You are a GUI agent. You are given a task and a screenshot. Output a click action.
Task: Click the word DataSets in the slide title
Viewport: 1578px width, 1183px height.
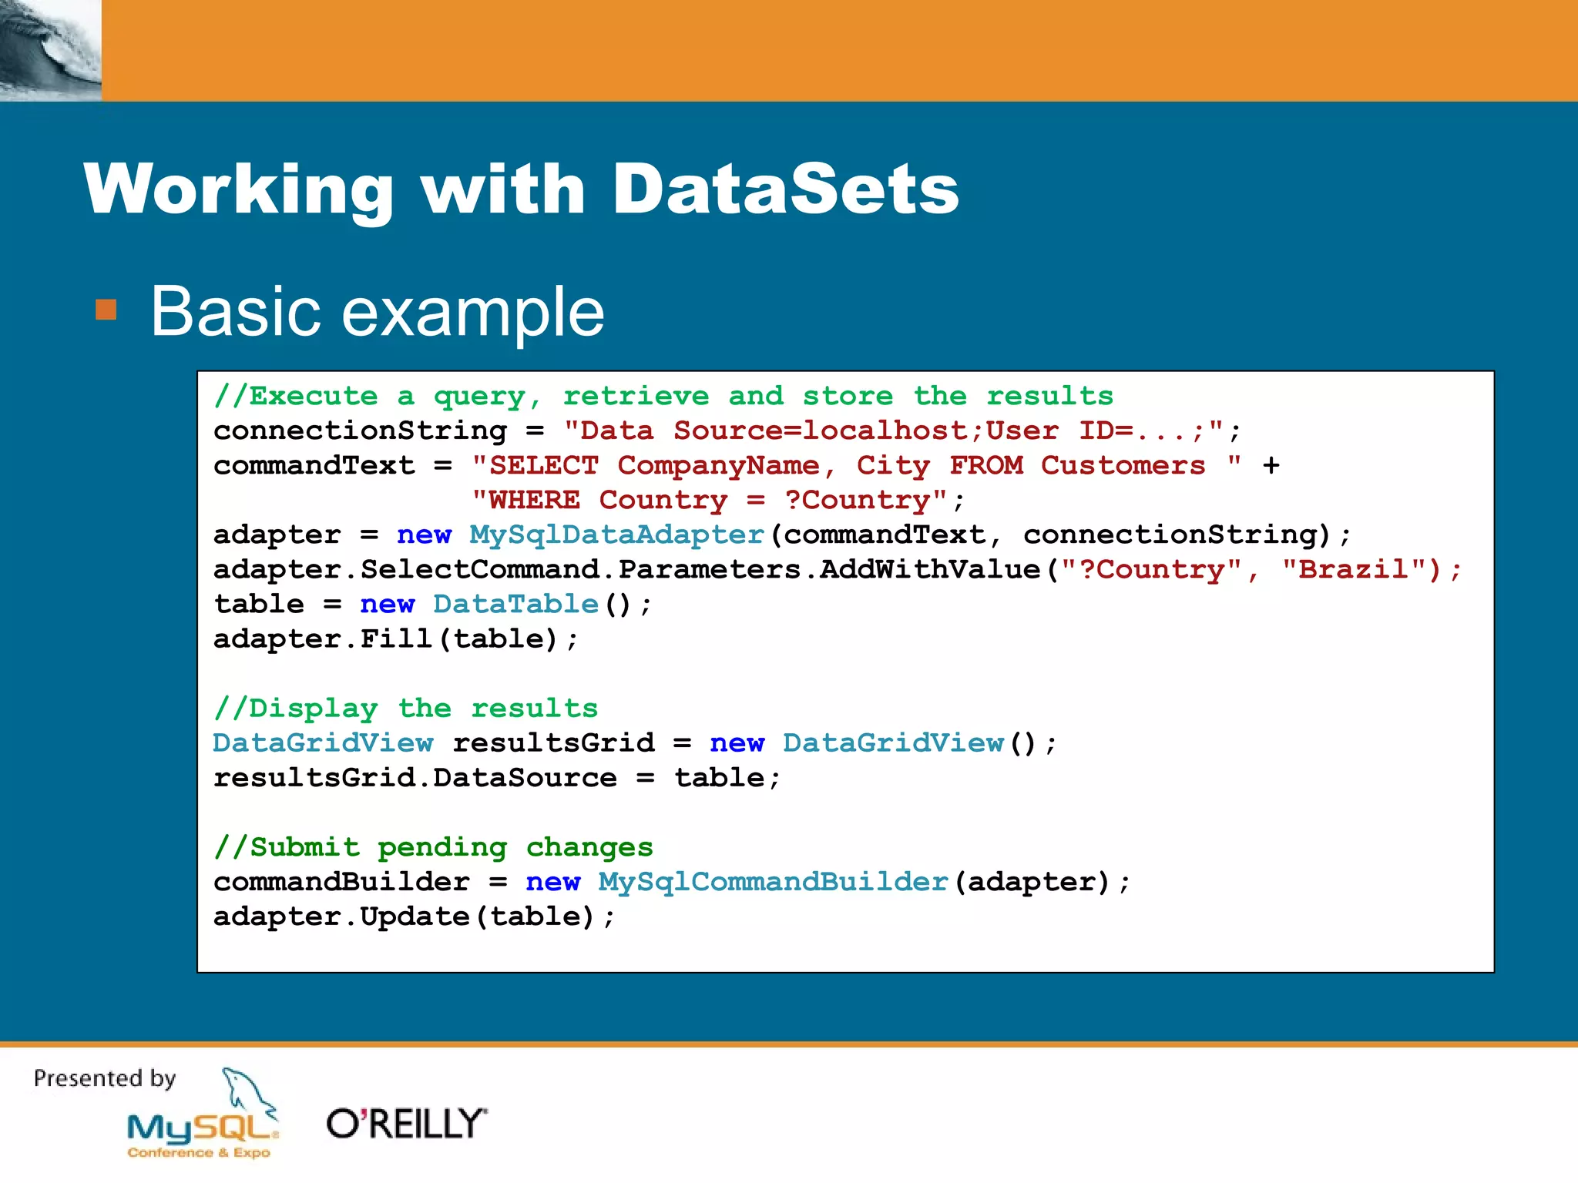pyautogui.click(x=785, y=189)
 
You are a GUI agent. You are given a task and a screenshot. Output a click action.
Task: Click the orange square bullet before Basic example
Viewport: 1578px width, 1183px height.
pyautogui.click(x=106, y=310)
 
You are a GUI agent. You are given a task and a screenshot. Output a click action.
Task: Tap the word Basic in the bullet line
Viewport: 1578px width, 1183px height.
pyautogui.click(x=234, y=311)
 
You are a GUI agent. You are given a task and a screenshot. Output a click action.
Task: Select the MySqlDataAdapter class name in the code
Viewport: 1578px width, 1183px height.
pyautogui.click(x=616, y=535)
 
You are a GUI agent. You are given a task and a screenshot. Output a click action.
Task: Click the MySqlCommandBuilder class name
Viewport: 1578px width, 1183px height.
pyautogui.click(x=773, y=882)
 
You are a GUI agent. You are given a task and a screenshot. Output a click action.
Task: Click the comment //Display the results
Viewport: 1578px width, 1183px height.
pyautogui.click(x=406, y=709)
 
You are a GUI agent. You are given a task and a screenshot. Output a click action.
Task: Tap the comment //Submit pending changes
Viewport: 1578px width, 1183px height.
pyautogui.click(x=433, y=847)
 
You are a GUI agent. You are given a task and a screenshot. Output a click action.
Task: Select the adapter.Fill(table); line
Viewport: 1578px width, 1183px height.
pyautogui.click(x=395, y=639)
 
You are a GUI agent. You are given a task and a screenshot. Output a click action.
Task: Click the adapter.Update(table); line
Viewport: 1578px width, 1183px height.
pyautogui.click(x=414, y=917)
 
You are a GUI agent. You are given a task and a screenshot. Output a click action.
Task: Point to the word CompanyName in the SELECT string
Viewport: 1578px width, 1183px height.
pyautogui.click(x=718, y=465)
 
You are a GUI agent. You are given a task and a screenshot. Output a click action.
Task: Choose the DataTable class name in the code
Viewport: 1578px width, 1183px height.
pyautogui.click(x=515, y=604)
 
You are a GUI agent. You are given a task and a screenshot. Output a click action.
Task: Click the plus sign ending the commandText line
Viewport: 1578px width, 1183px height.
pyautogui.click(x=1271, y=464)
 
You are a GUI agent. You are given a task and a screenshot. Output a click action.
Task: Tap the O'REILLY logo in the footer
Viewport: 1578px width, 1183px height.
pyautogui.click(x=407, y=1124)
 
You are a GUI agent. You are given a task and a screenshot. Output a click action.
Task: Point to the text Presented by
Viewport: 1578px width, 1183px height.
pyautogui.click(x=105, y=1078)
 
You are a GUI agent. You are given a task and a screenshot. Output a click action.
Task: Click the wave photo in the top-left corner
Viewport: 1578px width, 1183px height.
pyautogui.click(x=50, y=50)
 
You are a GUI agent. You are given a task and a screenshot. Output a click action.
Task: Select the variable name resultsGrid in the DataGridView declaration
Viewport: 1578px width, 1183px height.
pyautogui.click(x=553, y=743)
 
